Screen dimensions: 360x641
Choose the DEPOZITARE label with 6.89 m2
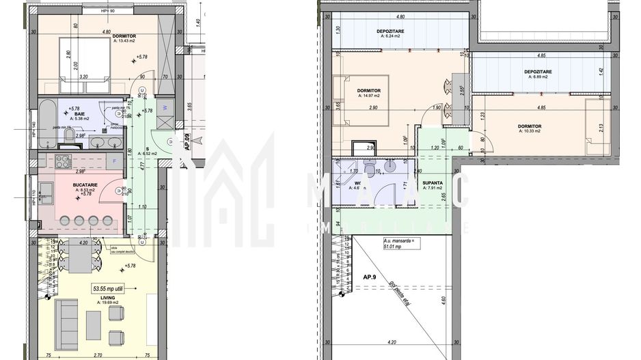[x=538, y=72]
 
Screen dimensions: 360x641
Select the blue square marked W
[x=164, y=107]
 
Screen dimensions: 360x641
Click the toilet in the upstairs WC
[x=369, y=169]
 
